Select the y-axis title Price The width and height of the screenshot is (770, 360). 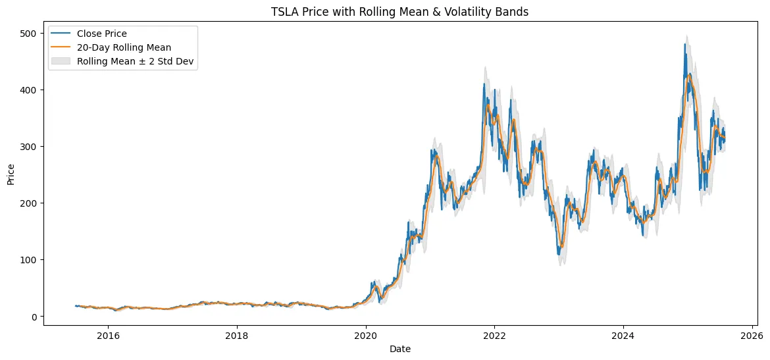coord(11,174)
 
